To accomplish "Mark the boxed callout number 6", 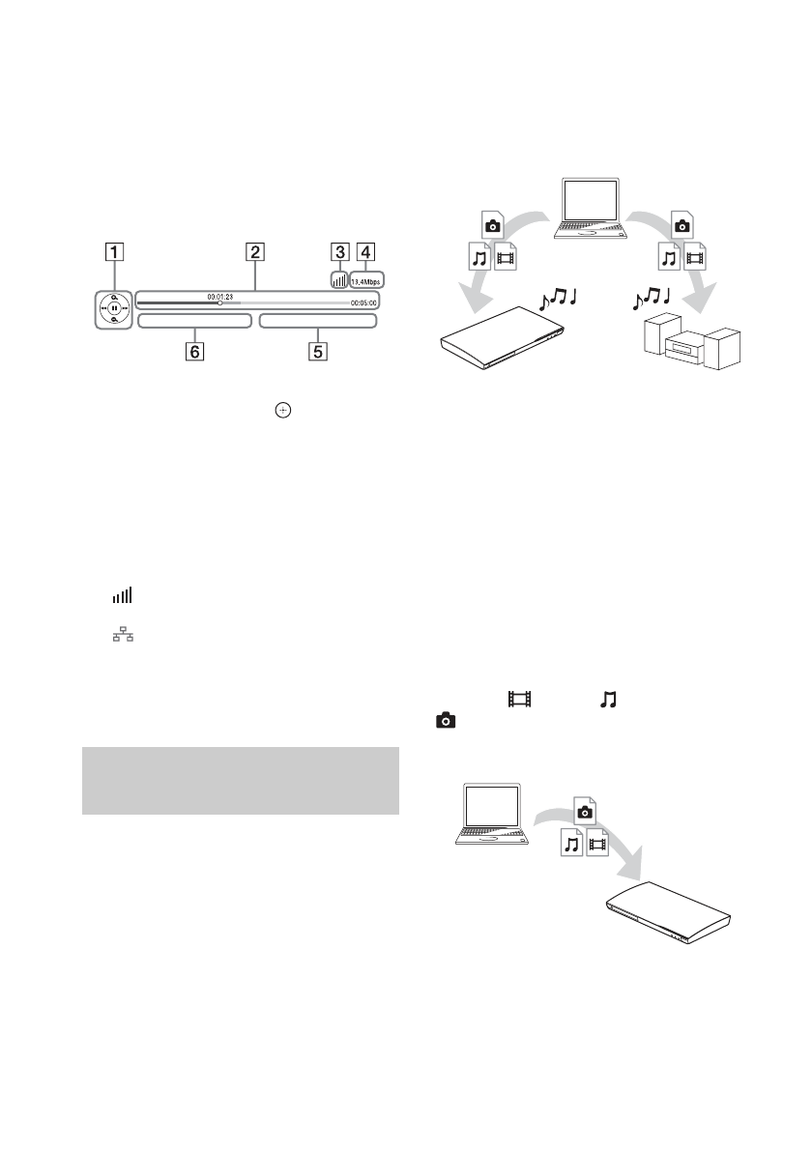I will tap(195, 353).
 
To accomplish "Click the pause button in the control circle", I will tap(114, 309).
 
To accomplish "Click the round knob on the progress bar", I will tap(219, 302).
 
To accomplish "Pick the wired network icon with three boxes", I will tap(122, 639).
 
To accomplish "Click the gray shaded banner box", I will tap(241, 780).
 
